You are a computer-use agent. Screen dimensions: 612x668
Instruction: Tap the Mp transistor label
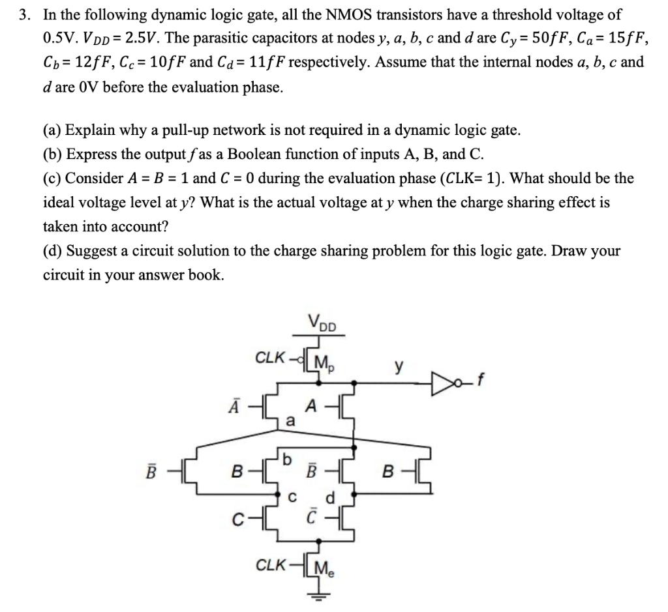point(323,360)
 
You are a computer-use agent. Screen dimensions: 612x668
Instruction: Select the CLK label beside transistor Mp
point(272,358)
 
